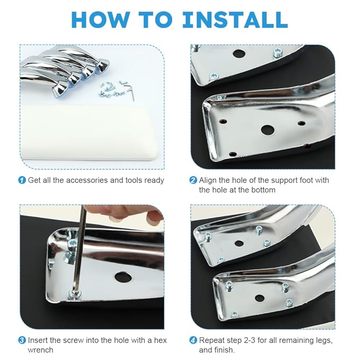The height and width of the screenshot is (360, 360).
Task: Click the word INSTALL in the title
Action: [x=235, y=20]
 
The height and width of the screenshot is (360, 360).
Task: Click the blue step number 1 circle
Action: [x=22, y=180]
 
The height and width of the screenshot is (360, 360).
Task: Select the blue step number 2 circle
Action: [x=193, y=180]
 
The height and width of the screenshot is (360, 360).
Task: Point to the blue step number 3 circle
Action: [x=22, y=340]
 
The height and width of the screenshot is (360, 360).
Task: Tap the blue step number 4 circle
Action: [x=193, y=340]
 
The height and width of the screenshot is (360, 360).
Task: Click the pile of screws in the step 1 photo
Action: [x=112, y=90]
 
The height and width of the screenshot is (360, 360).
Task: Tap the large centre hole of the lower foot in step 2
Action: [x=268, y=130]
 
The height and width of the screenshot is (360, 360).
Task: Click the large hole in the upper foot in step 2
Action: [x=239, y=54]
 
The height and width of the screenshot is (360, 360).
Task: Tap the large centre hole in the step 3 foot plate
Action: [x=123, y=277]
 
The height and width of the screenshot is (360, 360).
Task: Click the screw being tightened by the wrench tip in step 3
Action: [x=75, y=295]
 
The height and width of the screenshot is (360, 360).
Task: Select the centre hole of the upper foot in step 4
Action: [x=239, y=243]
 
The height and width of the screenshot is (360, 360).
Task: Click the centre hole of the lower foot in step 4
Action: [x=260, y=298]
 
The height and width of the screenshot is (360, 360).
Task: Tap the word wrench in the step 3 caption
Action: [x=40, y=350]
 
